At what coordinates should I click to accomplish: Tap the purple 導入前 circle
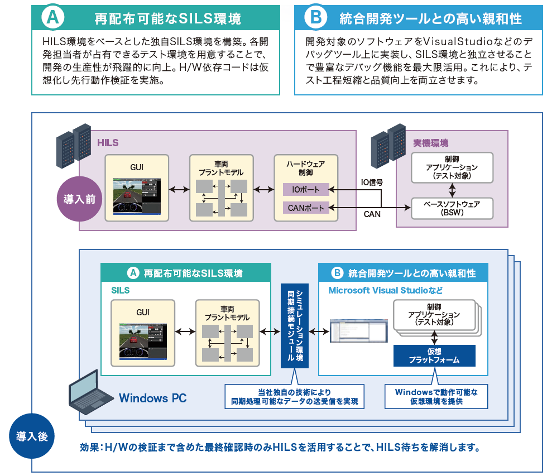[x=80, y=199]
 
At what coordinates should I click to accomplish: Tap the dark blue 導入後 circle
[x=32, y=436]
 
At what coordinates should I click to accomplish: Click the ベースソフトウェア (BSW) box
[x=453, y=208]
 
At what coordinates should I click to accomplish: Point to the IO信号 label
[x=372, y=182]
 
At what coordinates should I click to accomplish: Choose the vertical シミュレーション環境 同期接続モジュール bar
[x=294, y=325]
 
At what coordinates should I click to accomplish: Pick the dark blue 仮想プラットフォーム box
[x=434, y=355]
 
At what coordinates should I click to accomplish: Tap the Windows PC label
[x=152, y=398]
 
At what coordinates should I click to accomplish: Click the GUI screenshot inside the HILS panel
[x=137, y=196]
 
